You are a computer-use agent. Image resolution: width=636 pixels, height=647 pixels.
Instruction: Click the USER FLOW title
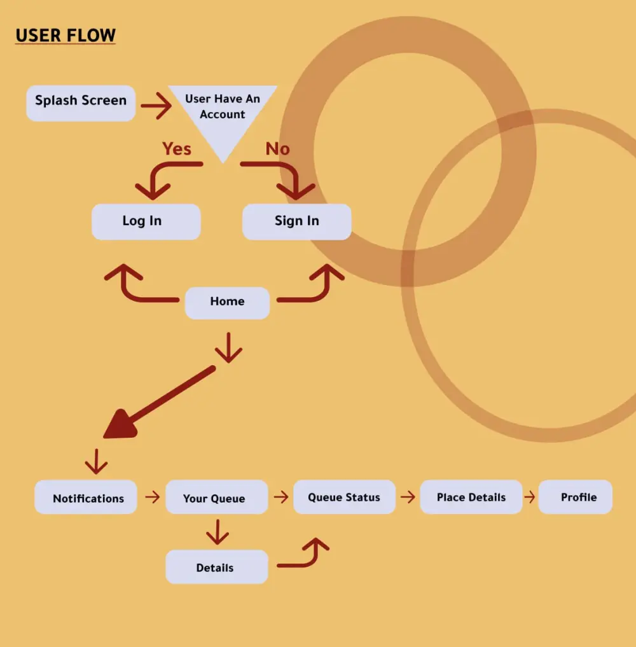[x=66, y=36]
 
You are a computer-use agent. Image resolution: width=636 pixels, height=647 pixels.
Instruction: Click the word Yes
[x=177, y=149]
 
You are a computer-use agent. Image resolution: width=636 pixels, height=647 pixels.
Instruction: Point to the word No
[x=277, y=149]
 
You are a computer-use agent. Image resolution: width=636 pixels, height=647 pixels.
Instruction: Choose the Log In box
[x=146, y=221]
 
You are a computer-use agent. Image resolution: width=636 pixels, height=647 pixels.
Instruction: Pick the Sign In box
[x=297, y=221]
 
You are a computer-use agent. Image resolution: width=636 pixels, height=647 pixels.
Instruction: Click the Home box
[x=227, y=302]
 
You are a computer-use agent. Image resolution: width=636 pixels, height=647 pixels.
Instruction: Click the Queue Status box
[x=344, y=497]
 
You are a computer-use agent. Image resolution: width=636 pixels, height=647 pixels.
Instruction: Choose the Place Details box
[x=471, y=497]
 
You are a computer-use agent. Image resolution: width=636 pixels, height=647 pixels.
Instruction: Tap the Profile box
[x=576, y=497]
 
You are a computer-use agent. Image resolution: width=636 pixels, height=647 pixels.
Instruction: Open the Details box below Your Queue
[x=216, y=567]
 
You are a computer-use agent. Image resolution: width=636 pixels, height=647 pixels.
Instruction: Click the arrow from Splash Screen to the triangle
[x=156, y=106]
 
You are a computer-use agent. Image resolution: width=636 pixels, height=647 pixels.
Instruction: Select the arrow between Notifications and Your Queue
[x=152, y=497]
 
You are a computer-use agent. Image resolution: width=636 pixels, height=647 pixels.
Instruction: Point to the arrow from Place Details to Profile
[x=530, y=497]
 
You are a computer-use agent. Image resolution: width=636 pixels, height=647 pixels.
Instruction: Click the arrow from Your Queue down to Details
[x=218, y=532]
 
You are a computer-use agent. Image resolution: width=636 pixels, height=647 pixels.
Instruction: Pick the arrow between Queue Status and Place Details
[x=408, y=497]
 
